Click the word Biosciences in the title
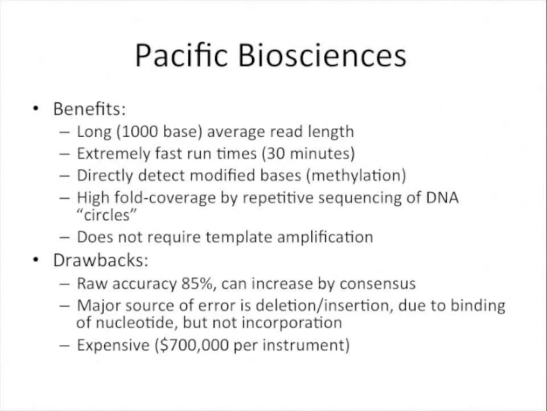[x=322, y=56]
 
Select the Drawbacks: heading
[x=101, y=260]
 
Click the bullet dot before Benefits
[x=36, y=109]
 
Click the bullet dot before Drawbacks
[x=36, y=260]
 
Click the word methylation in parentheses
[x=356, y=176]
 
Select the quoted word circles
[x=107, y=215]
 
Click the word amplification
[x=325, y=237]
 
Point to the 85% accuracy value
[x=198, y=284]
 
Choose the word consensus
[x=377, y=284]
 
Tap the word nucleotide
[x=136, y=323]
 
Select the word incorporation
[x=292, y=323]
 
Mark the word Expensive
[x=113, y=345]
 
